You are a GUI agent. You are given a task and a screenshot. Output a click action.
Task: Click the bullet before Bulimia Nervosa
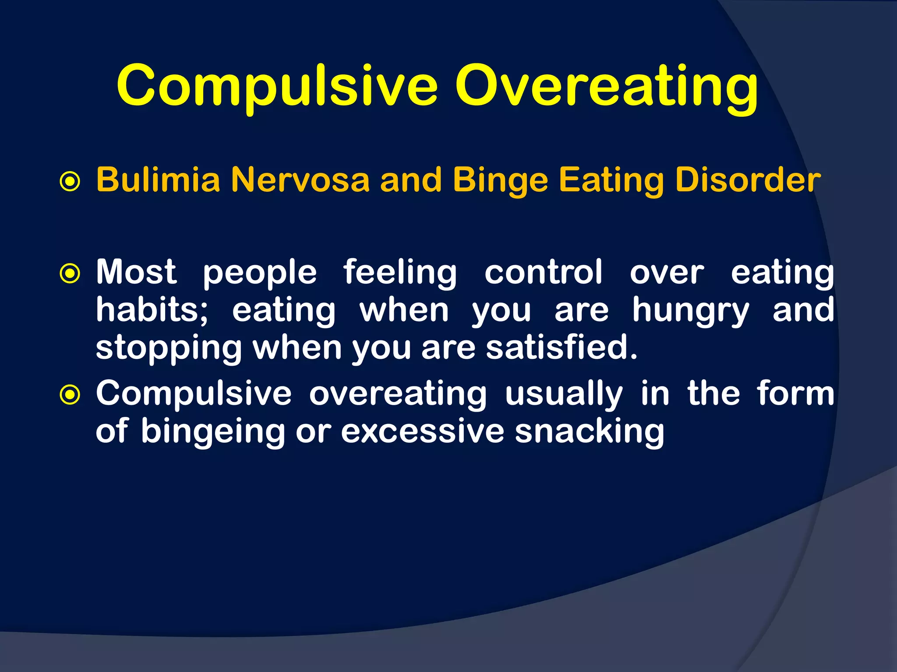pos(70,182)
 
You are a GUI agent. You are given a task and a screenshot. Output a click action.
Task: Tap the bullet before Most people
pos(70,274)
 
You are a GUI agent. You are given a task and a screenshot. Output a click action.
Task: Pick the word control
pos(544,272)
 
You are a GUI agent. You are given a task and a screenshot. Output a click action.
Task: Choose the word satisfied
pos(562,348)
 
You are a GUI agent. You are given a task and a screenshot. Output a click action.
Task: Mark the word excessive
pos(423,431)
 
